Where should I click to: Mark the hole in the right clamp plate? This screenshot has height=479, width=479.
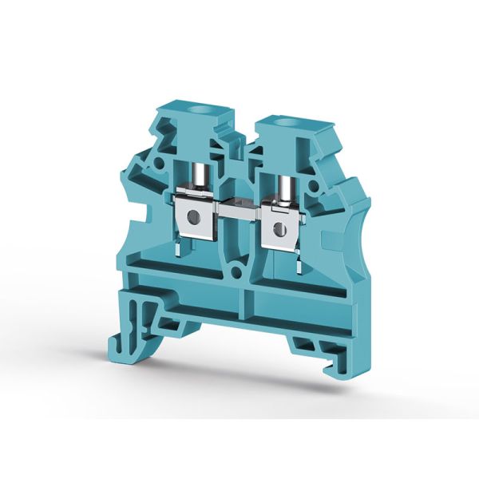(279, 229)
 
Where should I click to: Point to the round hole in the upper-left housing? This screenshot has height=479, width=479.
(159, 164)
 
